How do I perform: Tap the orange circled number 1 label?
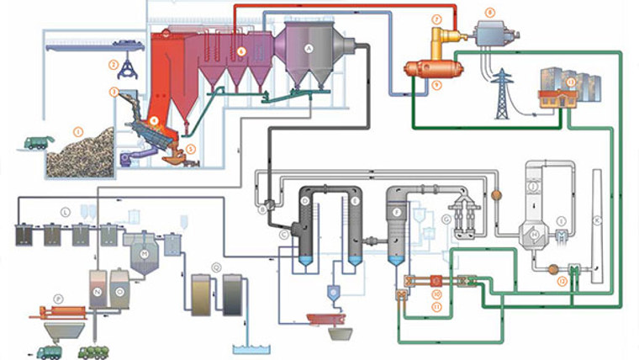77,131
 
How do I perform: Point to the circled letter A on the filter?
309,50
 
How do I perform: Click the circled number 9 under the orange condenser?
436,85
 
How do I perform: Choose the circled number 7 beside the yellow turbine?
436,19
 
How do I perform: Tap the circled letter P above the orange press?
58,299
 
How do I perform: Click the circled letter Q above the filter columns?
217,267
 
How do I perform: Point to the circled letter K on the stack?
598,220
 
